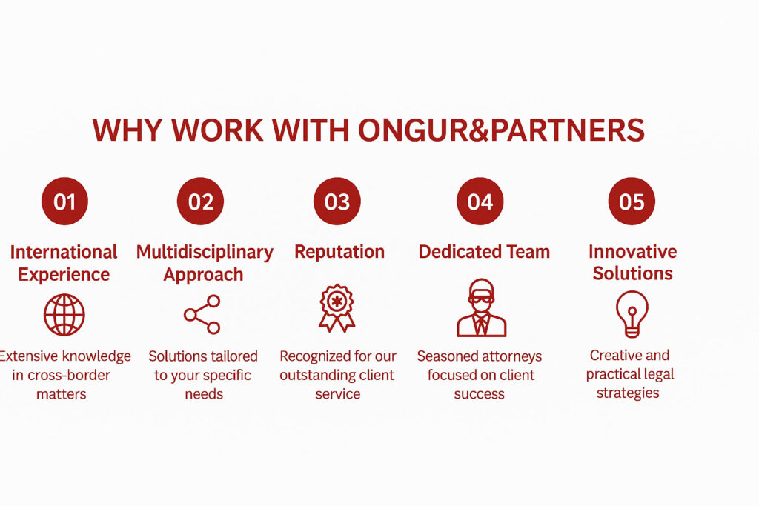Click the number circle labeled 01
click(x=64, y=201)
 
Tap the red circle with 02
click(x=200, y=201)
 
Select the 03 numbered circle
click(x=337, y=201)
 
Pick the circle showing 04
click(x=480, y=201)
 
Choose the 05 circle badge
click(x=632, y=201)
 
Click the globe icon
click(x=64, y=315)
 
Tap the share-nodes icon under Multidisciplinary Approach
click(x=202, y=314)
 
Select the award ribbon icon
click(x=337, y=308)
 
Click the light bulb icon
click(x=632, y=311)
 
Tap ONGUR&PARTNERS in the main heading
click(x=501, y=130)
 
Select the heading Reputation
click(x=339, y=252)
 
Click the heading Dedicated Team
click(x=484, y=252)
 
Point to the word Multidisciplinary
click(x=205, y=252)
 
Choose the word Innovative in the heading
click(x=632, y=251)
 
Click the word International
click(x=64, y=252)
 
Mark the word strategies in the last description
click(x=628, y=393)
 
